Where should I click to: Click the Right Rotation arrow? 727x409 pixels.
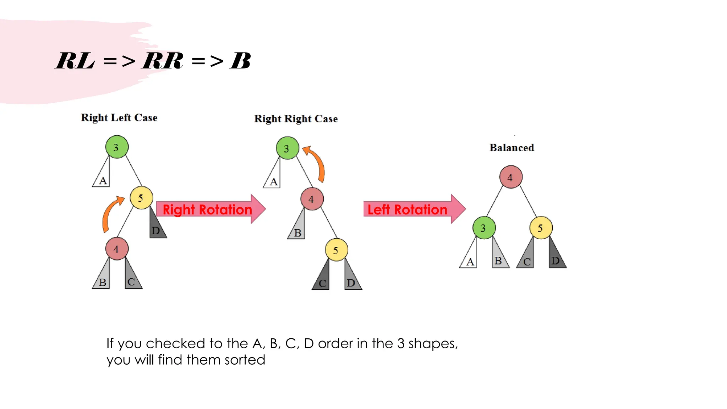pyautogui.click(x=209, y=209)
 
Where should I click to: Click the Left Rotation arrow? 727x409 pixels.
pyautogui.click(x=412, y=209)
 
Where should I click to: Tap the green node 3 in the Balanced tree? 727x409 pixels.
pyautogui.click(x=484, y=228)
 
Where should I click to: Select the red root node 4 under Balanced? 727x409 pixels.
pyautogui.click(x=510, y=177)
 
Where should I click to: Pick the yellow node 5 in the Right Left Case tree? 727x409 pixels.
pyautogui.click(x=141, y=198)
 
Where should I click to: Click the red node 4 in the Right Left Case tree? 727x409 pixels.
pyautogui.click(x=116, y=249)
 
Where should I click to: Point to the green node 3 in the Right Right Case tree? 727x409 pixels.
pyautogui.click(x=287, y=148)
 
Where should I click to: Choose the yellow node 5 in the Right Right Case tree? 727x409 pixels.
pyautogui.click(x=336, y=250)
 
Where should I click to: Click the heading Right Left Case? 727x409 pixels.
pyautogui.click(x=119, y=118)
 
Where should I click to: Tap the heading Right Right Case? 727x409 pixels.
pyautogui.click(x=296, y=119)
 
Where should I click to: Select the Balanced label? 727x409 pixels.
pyautogui.click(x=512, y=148)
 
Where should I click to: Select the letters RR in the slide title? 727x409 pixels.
pyautogui.click(x=163, y=61)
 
